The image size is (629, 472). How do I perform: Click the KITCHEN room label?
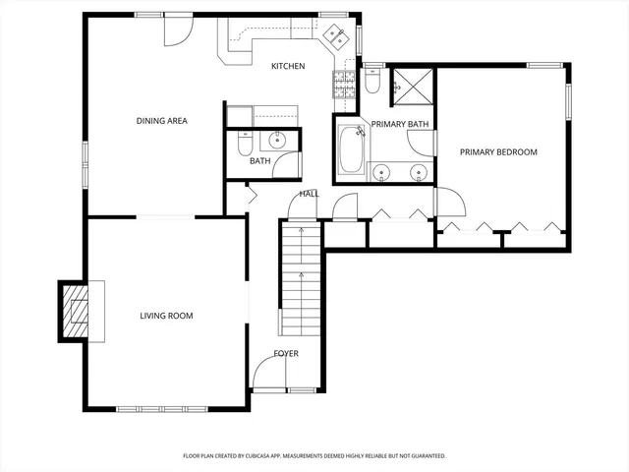pos(288,66)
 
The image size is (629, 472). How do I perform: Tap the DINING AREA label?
pos(161,121)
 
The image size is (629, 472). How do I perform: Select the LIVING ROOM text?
pos(165,316)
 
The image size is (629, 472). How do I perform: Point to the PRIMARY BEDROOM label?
pos(499,151)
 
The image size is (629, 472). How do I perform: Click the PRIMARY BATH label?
pos(399,124)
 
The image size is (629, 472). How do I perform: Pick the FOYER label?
pos(286,353)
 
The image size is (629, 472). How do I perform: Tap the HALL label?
pos(310,194)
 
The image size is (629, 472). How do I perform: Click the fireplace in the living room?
pos(76,310)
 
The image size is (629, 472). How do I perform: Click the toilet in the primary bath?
pos(372,83)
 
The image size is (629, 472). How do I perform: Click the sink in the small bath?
pos(278,138)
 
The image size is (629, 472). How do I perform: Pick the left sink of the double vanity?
pos(383,172)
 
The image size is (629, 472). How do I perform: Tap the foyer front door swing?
pos(265,372)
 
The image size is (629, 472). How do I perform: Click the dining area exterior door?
pos(175,29)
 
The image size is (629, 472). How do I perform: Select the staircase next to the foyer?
pos(301,280)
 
